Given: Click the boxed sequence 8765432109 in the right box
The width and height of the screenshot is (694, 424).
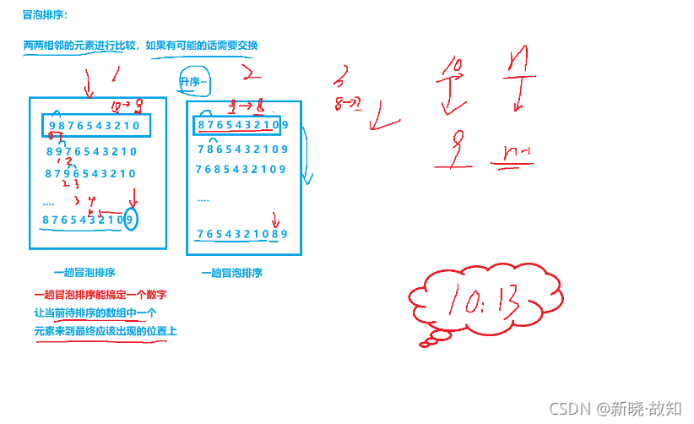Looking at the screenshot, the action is [x=243, y=126].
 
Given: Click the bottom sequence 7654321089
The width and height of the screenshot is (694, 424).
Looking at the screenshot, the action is [x=242, y=234].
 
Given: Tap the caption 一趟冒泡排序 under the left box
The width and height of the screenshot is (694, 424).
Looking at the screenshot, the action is [x=84, y=273].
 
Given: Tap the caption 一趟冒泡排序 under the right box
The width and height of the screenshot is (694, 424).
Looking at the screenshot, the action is [x=231, y=273].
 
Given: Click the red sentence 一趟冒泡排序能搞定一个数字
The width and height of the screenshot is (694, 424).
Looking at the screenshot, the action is [x=100, y=295].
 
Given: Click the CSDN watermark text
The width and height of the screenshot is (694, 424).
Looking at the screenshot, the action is [x=615, y=409].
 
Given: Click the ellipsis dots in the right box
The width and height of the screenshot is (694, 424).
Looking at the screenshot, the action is [x=203, y=200].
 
